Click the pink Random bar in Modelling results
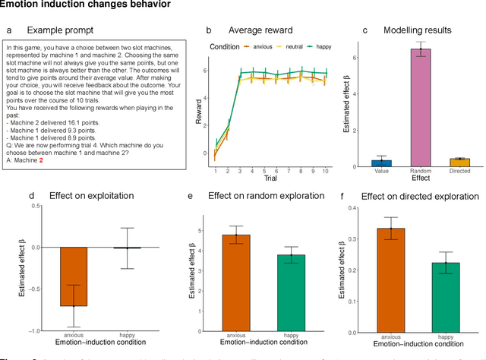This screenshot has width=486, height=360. pos(421,106)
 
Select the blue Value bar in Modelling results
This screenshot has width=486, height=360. pos(382,163)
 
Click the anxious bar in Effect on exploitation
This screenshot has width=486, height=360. pos(74,276)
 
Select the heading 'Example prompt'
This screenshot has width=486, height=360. pos(60,30)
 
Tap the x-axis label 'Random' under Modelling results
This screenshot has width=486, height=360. pos(421,172)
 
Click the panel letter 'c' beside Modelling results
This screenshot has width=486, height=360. pos(365,30)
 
